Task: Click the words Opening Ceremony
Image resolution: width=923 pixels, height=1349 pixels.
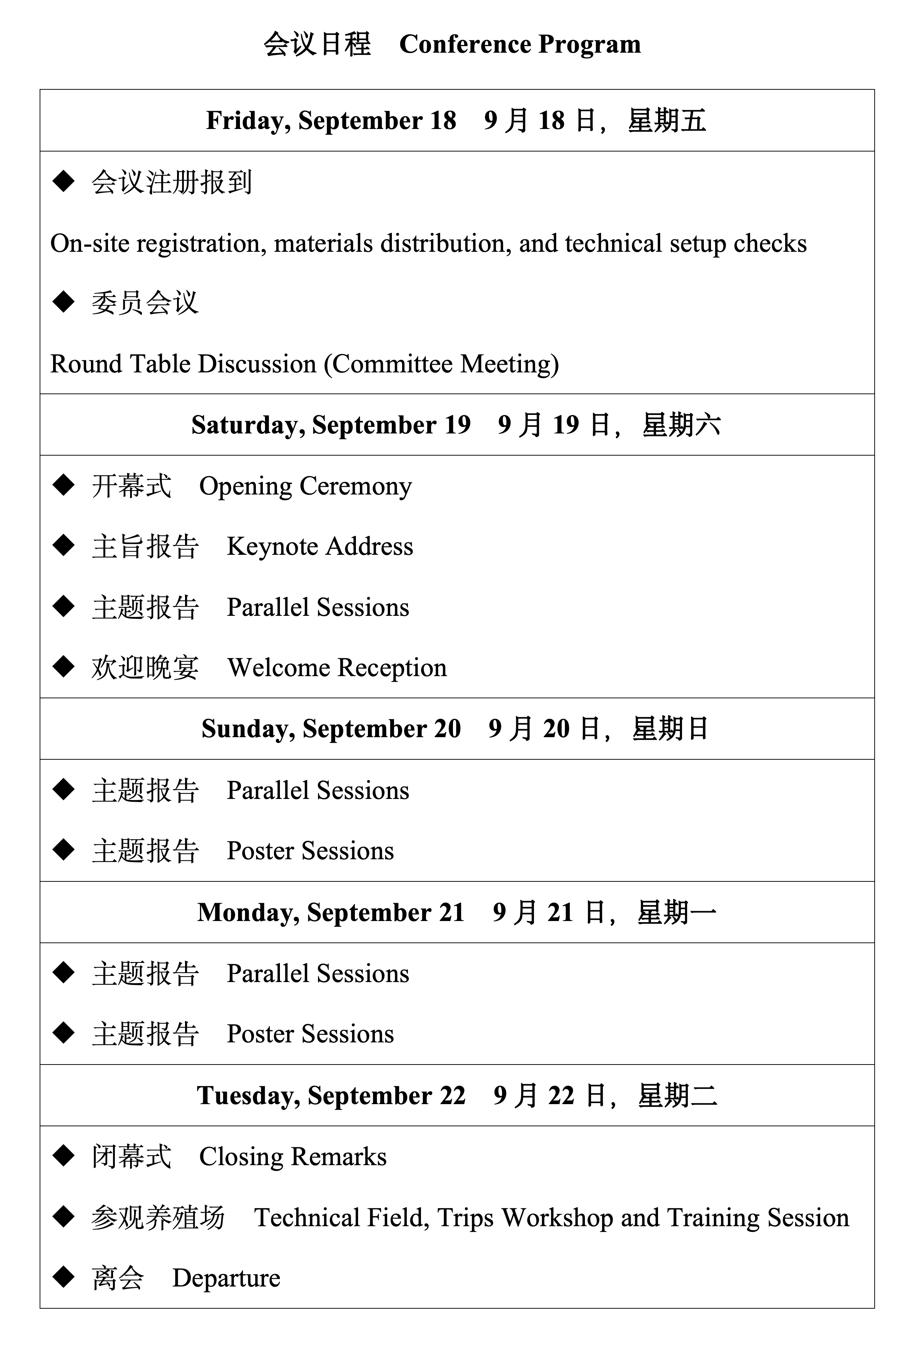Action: pyautogui.click(x=305, y=486)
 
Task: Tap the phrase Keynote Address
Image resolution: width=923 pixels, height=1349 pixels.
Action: pyautogui.click(x=320, y=547)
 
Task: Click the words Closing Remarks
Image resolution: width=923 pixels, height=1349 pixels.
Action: pyautogui.click(x=293, y=1157)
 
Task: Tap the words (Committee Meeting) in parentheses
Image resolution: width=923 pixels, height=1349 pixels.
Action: pyautogui.click(x=441, y=364)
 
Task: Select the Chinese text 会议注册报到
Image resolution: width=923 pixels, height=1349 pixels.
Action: pyautogui.click(x=171, y=183)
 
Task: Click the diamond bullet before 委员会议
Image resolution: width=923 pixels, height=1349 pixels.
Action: pyautogui.click(x=63, y=302)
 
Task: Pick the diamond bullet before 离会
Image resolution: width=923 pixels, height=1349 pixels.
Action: pyautogui.click(x=63, y=1277)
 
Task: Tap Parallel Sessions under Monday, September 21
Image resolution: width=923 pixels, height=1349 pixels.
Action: pyautogui.click(x=318, y=974)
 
